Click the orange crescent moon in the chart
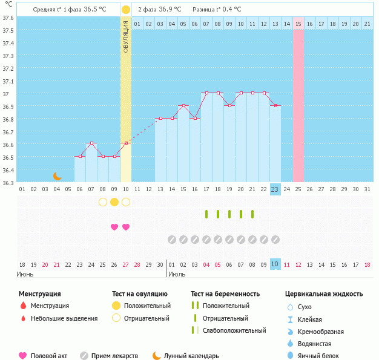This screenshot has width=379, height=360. [58, 176]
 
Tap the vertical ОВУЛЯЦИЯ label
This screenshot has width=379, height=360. [126, 36]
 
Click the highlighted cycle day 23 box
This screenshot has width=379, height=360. [275, 189]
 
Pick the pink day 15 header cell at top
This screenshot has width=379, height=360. [298, 24]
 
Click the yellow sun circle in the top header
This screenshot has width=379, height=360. [126, 10]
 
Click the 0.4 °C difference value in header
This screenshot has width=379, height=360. [229, 10]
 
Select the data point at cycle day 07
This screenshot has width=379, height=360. [91, 143]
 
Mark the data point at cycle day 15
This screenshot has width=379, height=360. [183, 106]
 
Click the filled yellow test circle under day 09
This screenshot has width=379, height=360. [114, 202]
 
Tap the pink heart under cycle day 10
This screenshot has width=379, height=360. [126, 227]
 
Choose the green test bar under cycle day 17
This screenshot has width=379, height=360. [206, 214]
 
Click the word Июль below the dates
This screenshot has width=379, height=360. [177, 274]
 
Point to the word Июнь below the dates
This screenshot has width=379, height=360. [25, 274]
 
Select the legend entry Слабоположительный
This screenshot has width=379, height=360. [234, 330]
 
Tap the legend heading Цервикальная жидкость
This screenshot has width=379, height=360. [324, 294]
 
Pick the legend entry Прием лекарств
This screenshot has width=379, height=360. [114, 356]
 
